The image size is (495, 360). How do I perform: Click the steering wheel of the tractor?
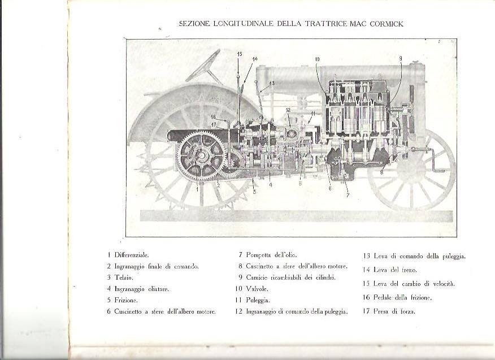[x=203, y=66]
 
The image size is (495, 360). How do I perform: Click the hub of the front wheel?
[x=411, y=170]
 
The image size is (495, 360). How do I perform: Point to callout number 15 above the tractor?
[x=240, y=54]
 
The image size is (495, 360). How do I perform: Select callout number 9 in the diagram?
[x=400, y=58]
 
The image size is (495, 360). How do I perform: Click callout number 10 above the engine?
[x=317, y=59]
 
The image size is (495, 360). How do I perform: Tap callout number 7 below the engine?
[x=348, y=195]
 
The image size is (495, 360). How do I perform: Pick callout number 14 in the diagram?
[x=255, y=59]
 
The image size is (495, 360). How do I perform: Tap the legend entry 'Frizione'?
[x=126, y=300]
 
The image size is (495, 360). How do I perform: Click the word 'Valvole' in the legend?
[x=257, y=289]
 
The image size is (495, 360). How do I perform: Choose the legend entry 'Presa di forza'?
[x=394, y=311]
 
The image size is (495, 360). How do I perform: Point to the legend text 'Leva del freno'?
[x=395, y=270]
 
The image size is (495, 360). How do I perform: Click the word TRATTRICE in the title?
[x=327, y=24]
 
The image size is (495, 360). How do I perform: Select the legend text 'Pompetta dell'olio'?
[x=271, y=255]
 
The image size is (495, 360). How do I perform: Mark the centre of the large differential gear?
[x=201, y=156]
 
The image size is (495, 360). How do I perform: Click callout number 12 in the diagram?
[x=288, y=110]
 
